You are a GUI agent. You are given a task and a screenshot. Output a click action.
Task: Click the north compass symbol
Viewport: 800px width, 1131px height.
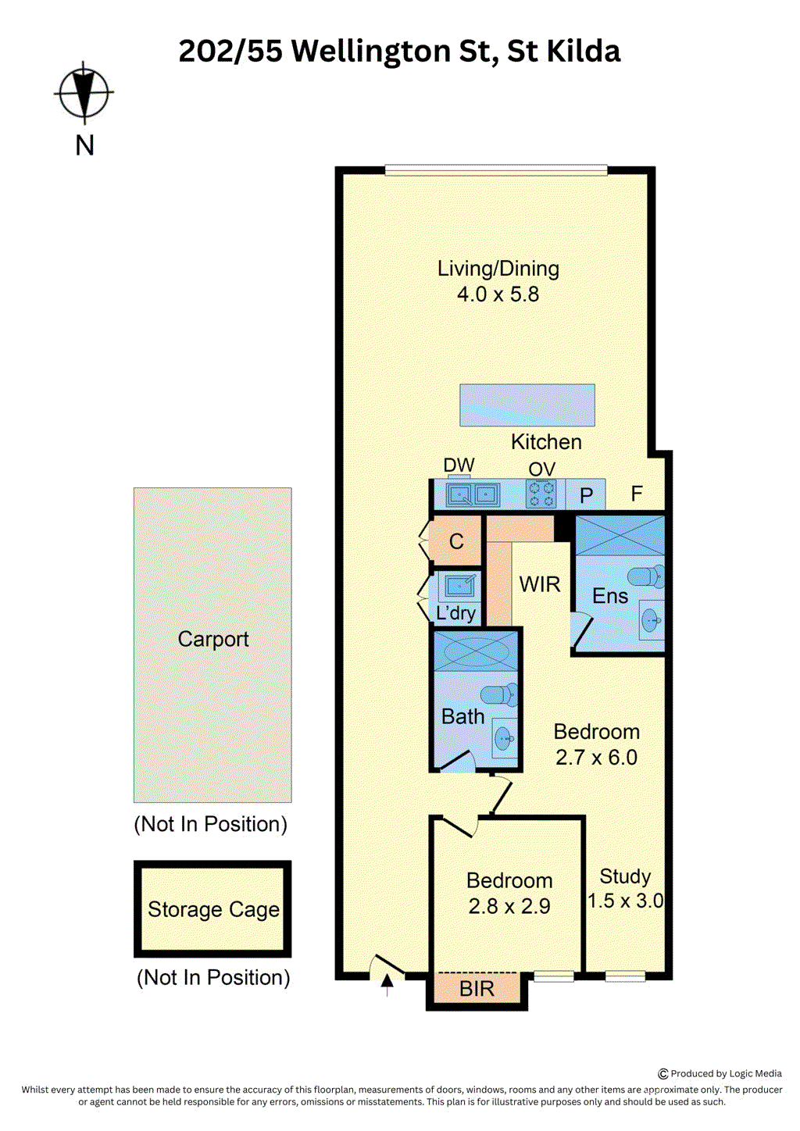coord(84,93)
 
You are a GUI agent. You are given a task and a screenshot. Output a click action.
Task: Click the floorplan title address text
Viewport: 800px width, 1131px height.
coord(399,52)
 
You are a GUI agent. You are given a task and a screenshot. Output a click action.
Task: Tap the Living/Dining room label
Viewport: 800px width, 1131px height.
coord(498,269)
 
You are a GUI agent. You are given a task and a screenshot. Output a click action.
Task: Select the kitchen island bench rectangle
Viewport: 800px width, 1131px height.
coord(527,405)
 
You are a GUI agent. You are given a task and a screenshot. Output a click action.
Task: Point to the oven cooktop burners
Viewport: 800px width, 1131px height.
coord(541,494)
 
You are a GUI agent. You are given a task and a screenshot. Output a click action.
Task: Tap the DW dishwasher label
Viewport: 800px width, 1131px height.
coord(459,466)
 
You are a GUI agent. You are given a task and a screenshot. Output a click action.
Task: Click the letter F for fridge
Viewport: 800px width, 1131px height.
coord(637,494)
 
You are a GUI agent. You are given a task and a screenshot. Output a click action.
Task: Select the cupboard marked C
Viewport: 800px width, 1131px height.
coord(457,541)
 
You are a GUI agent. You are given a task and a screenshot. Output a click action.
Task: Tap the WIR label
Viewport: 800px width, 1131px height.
coord(540,584)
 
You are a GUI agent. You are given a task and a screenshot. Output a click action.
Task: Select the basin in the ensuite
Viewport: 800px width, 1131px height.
coord(651,621)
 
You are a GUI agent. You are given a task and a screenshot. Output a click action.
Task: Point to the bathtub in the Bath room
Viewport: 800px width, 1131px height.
coord(476,651)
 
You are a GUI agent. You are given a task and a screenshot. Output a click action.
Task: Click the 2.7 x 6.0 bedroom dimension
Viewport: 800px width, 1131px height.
coord(596,758)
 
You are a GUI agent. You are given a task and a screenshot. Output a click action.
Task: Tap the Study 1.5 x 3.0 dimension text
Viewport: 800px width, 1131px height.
coord(625,901)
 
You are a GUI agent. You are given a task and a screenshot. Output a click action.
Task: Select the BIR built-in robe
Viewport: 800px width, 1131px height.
coord(477,989)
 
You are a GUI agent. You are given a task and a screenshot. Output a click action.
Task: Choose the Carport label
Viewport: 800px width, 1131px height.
coord(213,639)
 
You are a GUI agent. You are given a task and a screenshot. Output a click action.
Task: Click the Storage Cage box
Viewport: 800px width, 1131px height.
coord(212,909)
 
